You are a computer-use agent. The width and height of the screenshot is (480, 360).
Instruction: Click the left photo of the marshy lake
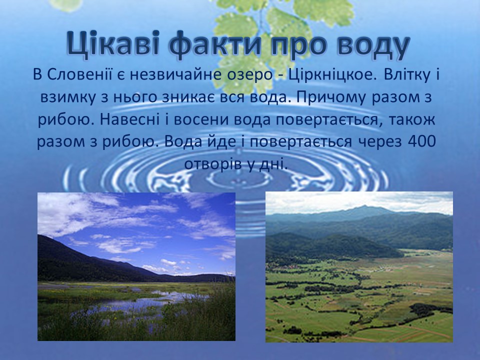[x=136, y=266]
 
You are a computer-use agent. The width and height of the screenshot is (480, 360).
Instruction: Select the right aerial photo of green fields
[x=359, y=266]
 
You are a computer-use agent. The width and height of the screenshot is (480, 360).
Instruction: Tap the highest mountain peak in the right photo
[x=364, y=207]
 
